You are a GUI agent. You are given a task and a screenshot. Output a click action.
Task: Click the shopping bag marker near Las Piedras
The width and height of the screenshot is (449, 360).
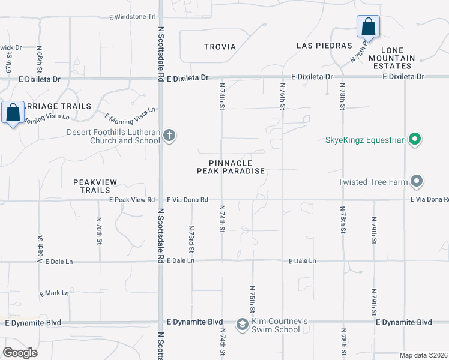368,27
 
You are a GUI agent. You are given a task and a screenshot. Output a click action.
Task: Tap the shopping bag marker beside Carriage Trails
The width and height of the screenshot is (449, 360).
13,112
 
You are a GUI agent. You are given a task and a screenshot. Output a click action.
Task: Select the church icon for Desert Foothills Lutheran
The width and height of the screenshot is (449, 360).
169,136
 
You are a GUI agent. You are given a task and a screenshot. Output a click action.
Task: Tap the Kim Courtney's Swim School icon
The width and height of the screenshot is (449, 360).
242,325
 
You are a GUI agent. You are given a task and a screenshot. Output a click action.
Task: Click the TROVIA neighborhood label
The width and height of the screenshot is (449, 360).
220,47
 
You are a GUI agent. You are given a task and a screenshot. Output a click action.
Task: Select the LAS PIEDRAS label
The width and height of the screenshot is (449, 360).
324,46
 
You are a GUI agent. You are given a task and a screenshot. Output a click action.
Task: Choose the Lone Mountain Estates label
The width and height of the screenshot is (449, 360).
391,58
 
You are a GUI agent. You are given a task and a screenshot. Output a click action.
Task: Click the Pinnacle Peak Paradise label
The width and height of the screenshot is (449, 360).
231,167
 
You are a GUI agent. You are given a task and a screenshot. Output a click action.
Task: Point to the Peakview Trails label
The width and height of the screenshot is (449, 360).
95,185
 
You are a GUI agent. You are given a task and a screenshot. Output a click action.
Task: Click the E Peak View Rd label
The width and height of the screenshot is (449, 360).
132,199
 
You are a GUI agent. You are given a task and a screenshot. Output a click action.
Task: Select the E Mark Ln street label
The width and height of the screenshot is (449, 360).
54,293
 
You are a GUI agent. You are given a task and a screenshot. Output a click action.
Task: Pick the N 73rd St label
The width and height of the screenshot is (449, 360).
191,239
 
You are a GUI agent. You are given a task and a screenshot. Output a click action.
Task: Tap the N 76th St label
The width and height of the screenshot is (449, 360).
282,96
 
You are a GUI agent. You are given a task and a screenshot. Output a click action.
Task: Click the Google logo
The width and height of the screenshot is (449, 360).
20,352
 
